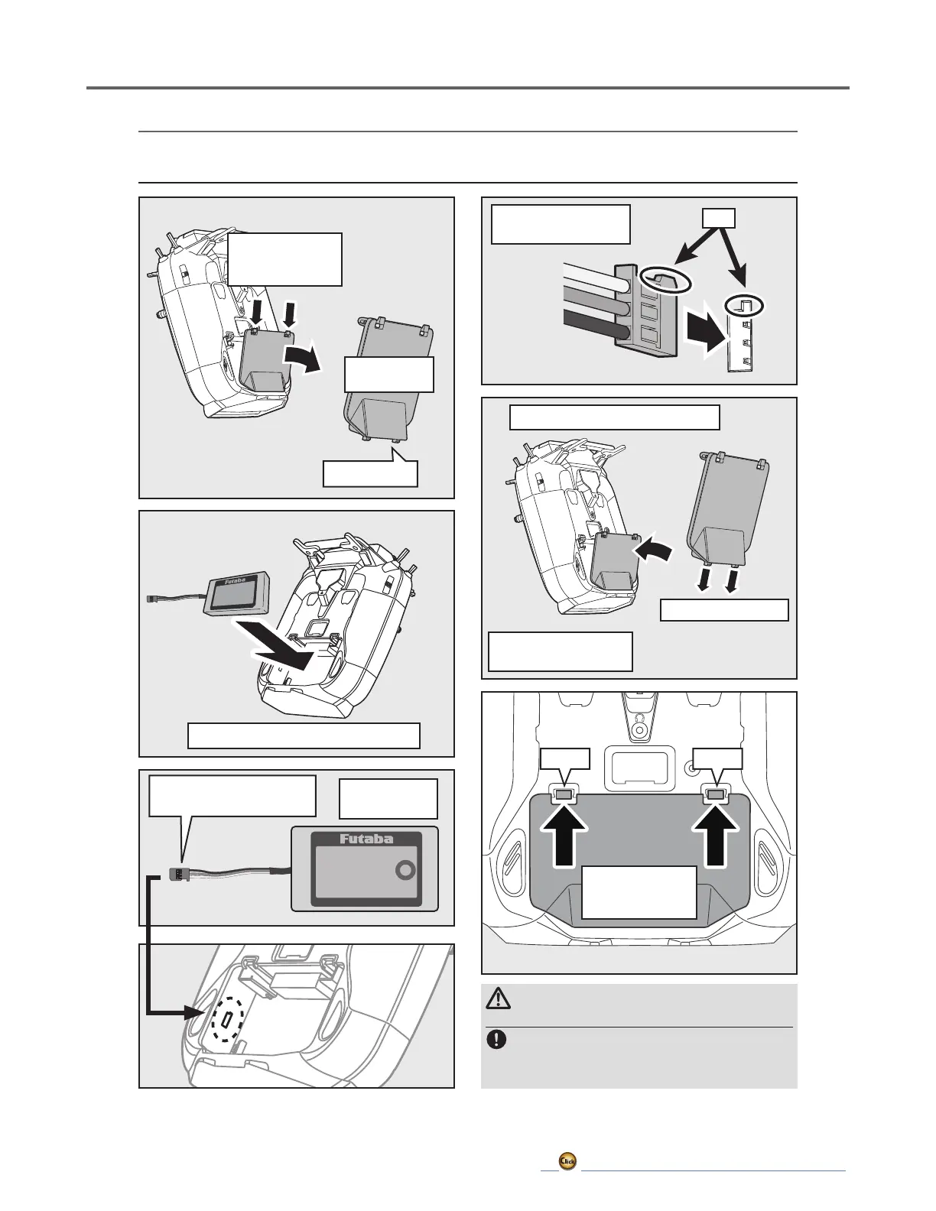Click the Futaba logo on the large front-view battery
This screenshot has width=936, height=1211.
pos(365,839)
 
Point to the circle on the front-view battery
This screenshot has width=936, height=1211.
pos(405,871)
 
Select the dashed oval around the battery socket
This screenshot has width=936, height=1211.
pos(227,1021)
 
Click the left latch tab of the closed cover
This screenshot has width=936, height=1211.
pos(563,796)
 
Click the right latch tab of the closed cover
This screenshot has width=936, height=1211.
pos(716,796)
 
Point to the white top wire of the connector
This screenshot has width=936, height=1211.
pos(593,274)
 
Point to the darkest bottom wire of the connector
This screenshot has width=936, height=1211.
pos(593,323)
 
